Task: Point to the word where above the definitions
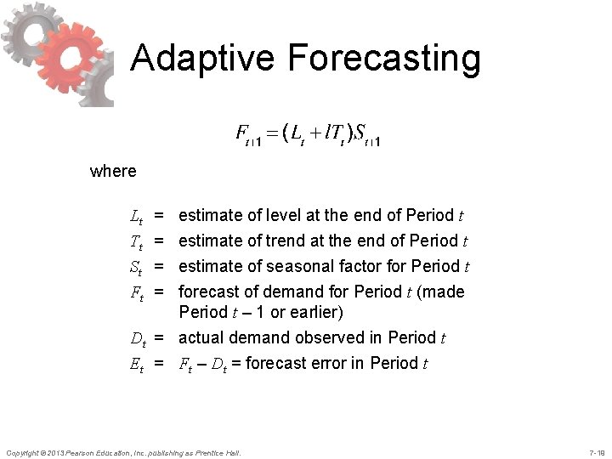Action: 112,171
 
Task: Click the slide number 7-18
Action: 596,450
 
